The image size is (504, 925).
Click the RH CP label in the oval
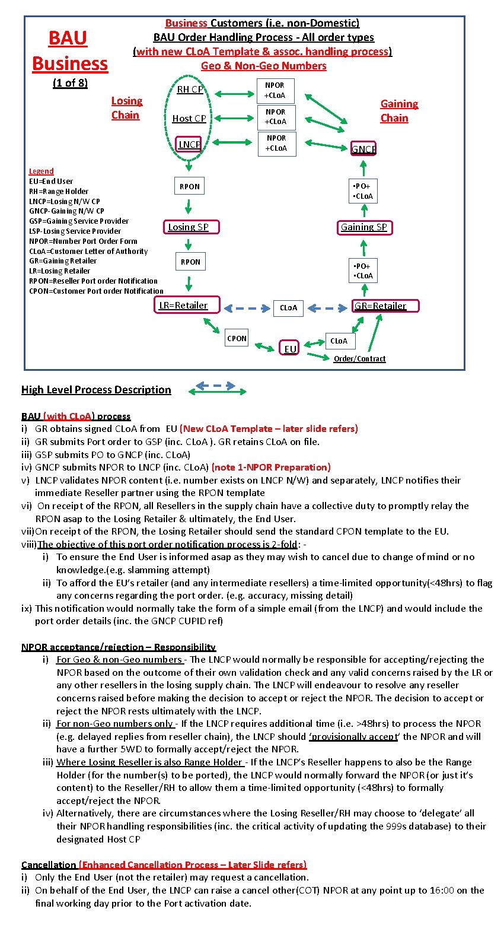pyautogui.click(x=190, y=90)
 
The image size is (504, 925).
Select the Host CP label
pyautogui.click(x=189, y=119)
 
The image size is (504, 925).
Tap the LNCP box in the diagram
pyautogui.click(x=189, y=145)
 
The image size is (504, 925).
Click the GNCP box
pyautogui.click(x=363, y=149)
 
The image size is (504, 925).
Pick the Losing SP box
pyautogui.click(x=188, y=227)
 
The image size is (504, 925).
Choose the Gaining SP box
pyautogui.click(x=363, y=227)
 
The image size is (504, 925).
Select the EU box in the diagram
pyautogui.click(x=290, y=349)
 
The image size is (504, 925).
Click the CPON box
pyautogui.click(x=237, y=338)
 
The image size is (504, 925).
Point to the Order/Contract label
pyautogui.click(x=359, y=359)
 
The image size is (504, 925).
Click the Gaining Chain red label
pyautogui.click(x=398, y=111)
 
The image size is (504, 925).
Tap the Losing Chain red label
pyautogui.click(x=126, y=108)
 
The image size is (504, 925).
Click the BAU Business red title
pyautogui.click(x=69, y=51)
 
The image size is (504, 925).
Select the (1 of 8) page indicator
pyautogui.click(x=70, y=83)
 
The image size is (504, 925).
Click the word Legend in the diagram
pyautogui.click(x=41, y=171)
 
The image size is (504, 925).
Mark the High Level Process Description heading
pyautogui.click(x=96, y=390)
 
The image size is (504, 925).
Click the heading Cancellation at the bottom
pyautogui.click(x=49, y=864)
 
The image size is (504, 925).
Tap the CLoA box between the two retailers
pyautogui.click(x=288, y=308)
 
